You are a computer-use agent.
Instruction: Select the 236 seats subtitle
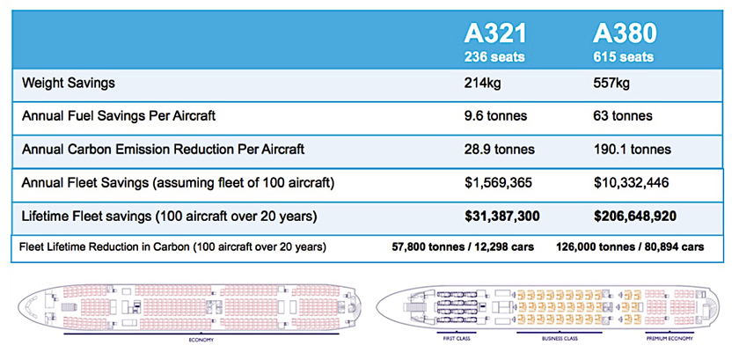pyautogui.click(x=496, y=58)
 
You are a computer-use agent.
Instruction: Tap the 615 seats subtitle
pyautogui.click(x=625, y=58)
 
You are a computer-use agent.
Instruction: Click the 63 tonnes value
pyautogui.click(x=624, y=116)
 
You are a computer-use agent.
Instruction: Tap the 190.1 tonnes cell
pyautogui.click(x=632, y=149)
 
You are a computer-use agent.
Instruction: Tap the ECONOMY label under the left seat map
pyautogui.click(x=201, y=338)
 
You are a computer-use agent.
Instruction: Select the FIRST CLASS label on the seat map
pyautogui.click(x=455, y=338)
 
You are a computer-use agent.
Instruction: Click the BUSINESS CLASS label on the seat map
pyautogui.click(x=545, y=338)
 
